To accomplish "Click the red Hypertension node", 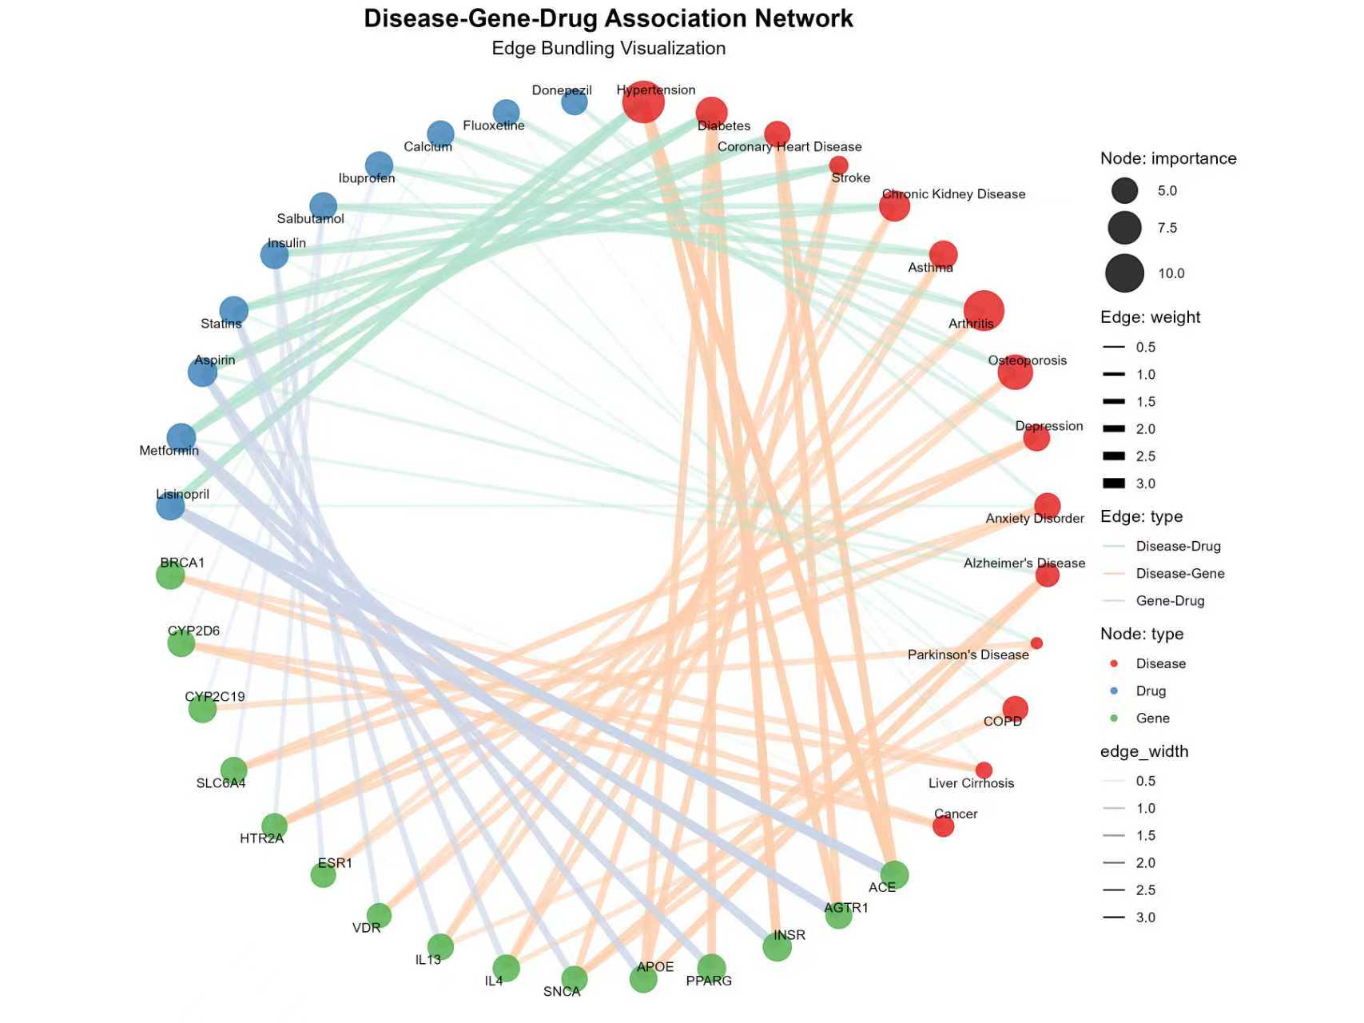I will (642, 102).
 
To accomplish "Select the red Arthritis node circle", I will (984, 310).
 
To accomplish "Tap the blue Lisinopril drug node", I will (170, 506).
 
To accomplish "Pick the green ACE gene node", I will (894, 874).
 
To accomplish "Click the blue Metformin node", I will (181, 437).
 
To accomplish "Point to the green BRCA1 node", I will (170, 575).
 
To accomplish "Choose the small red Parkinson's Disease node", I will (1036, 643).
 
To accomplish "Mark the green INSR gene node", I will (777, 947).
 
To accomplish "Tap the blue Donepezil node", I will (575, 102).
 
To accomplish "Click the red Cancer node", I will (944, 826).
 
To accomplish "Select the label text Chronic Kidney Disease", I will (953, 194).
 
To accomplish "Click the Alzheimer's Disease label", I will (1024, 563).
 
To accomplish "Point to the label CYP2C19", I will (215, 697).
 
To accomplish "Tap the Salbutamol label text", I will (310, 219).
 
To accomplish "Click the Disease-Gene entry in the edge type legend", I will (1179, 574).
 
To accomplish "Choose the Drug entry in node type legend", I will (1151, 691).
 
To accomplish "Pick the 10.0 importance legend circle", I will (1124, 273).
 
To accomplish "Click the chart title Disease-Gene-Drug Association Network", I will (608, 18).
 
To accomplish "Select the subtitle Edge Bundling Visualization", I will (608, 49).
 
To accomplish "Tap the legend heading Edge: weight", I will (1150, 317).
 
